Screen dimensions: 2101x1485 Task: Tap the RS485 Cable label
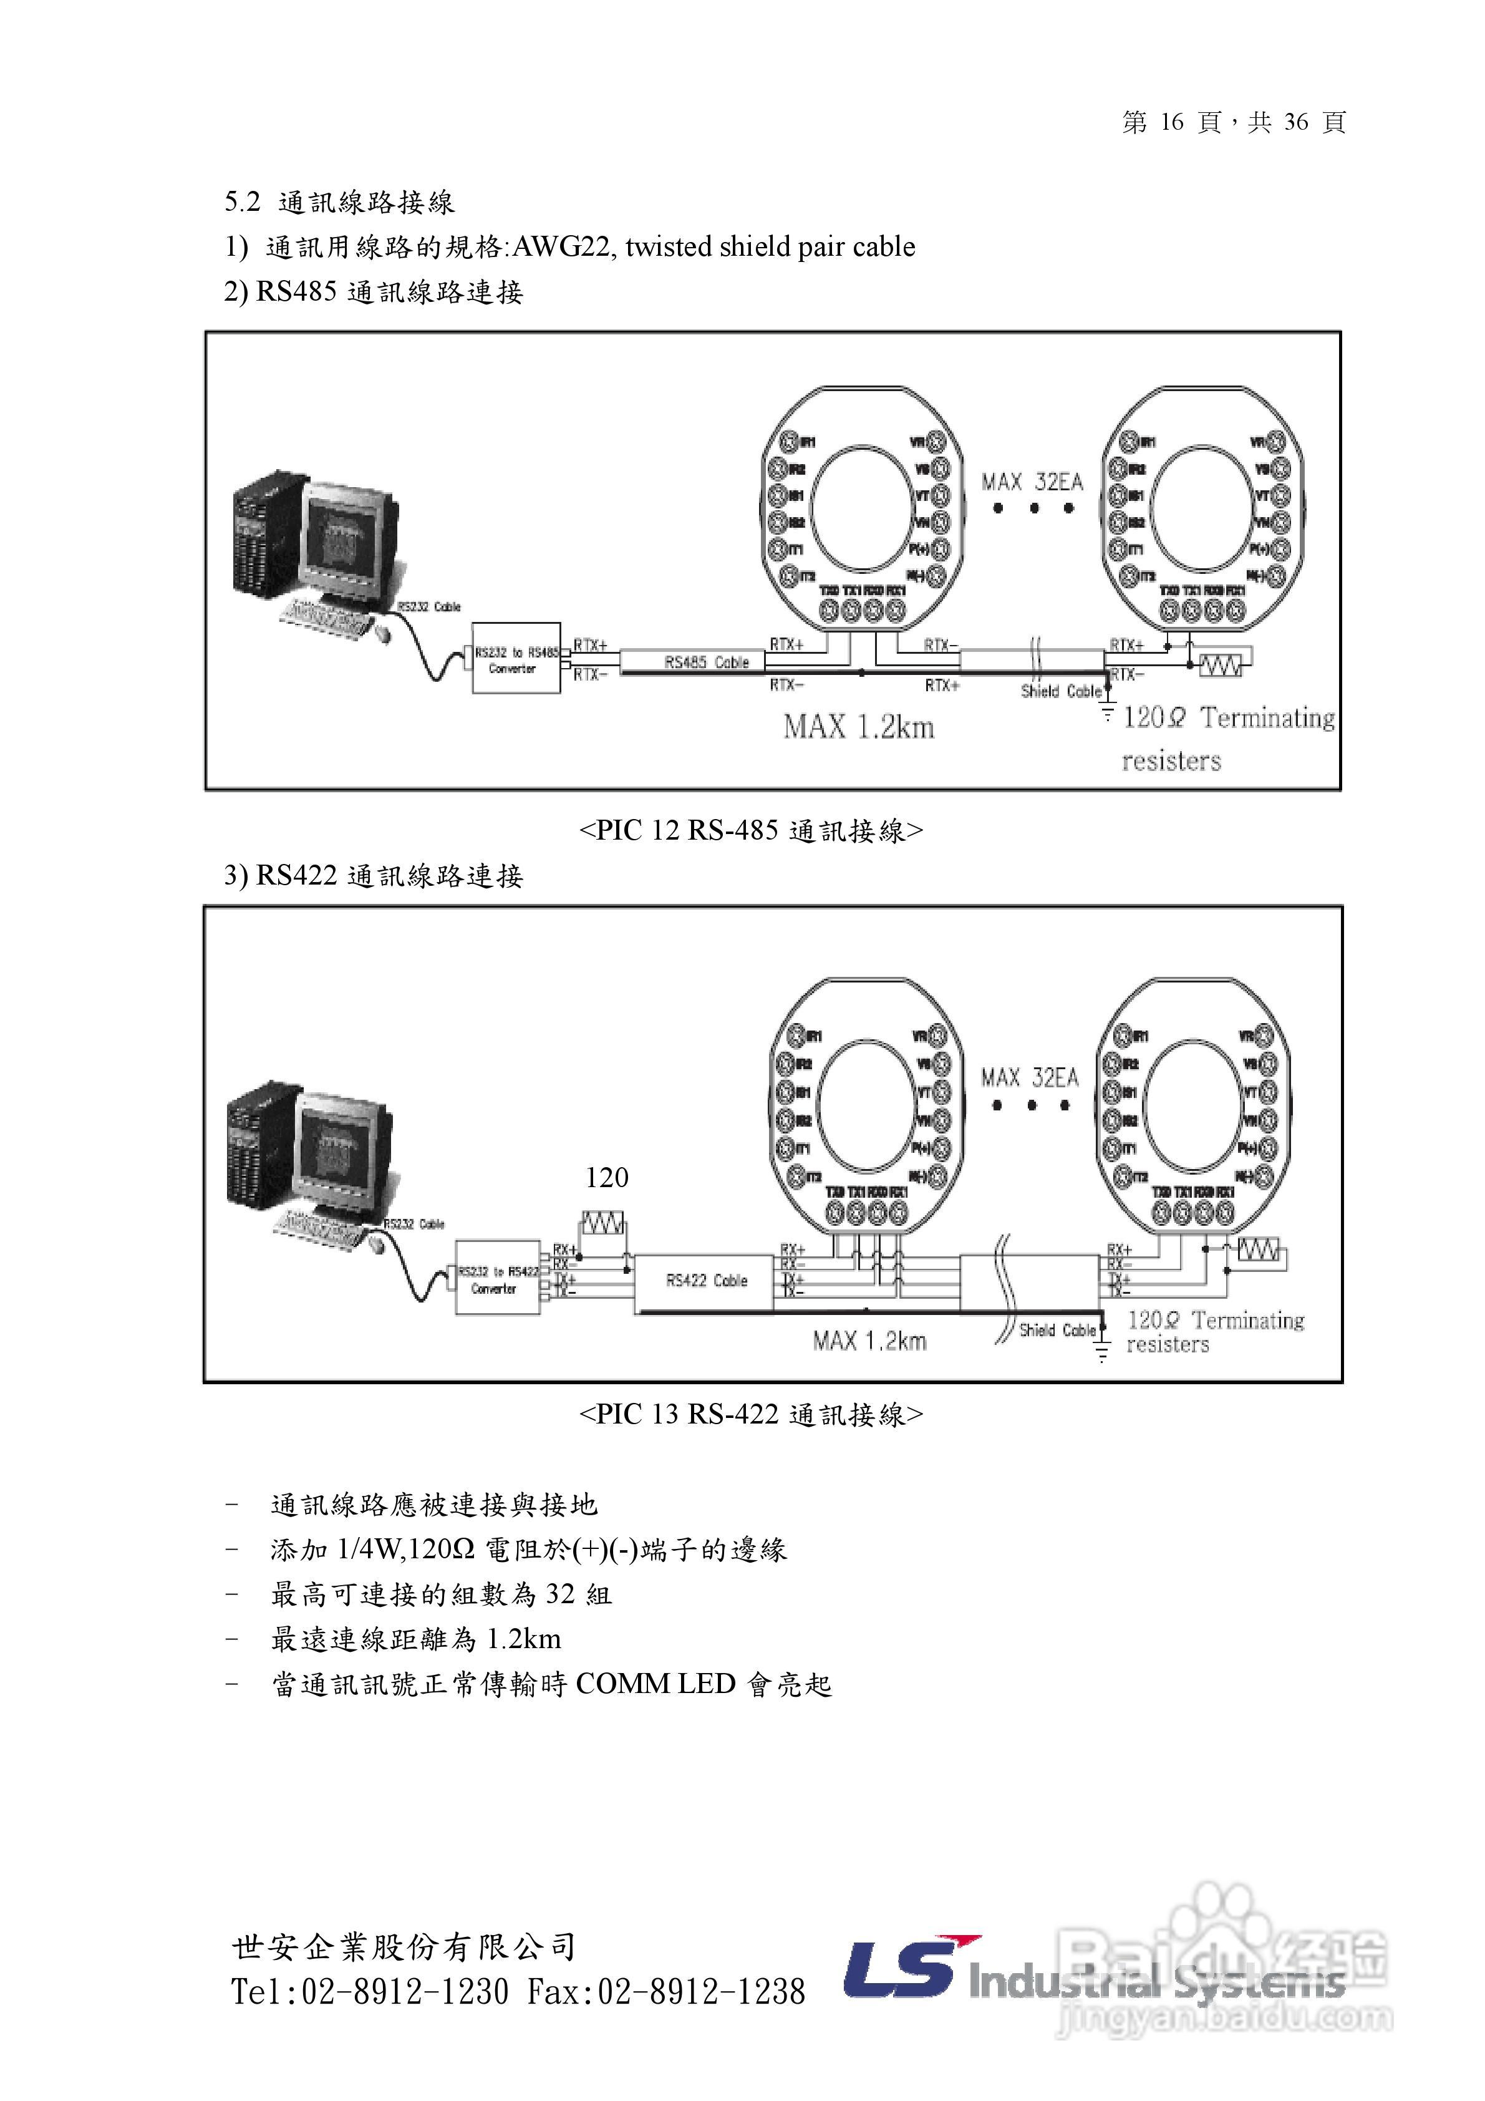click(707, 662)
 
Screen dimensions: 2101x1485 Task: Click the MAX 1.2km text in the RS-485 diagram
click(858, 727)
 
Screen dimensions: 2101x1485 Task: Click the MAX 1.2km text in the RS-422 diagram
click(869, 1341)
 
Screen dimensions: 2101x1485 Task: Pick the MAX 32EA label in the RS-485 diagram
click(1032, 482)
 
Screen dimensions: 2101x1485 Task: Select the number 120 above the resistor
click(607, 1178)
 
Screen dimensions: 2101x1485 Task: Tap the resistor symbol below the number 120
click(604, 1223)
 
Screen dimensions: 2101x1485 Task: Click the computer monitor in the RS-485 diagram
click(351, 540)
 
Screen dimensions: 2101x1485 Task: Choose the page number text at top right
click(1234, 122)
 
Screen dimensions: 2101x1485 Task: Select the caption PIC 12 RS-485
click(750, 830)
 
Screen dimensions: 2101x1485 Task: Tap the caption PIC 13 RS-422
click(750, 1414)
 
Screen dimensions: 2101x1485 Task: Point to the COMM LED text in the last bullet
click(655, 1684)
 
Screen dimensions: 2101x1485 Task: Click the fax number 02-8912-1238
click(701, 1991)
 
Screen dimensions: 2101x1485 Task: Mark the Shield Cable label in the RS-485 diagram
click(1060, 691)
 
